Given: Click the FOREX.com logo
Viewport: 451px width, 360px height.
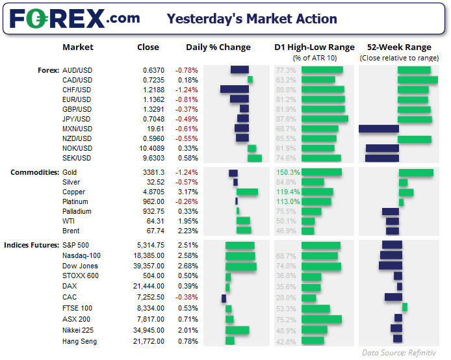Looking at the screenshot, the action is (x=75, y=19).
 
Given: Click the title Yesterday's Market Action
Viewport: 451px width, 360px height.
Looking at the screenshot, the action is (x=251, y=19).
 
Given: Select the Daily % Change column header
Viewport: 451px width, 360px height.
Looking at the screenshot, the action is (x=218, y=47).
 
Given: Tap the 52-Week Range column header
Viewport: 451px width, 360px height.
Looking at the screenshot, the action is (x=399, y=47).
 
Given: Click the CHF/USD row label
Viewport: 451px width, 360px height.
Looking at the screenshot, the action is (x=77, y=90).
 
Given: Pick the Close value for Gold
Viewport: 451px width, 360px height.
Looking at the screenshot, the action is (x=153, y=172).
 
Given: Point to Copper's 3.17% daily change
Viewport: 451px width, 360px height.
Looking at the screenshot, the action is (x=188, y=192).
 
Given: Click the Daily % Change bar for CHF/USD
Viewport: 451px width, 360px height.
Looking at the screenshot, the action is (x=235, y=89).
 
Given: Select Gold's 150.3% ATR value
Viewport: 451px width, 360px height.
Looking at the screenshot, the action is (x=288, y=172).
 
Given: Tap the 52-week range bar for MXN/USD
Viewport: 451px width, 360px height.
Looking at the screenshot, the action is (x=379, y=129).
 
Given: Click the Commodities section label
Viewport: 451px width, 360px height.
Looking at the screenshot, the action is (x=35, y=172).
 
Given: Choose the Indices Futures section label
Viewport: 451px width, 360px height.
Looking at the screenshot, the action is (x=32, y=245).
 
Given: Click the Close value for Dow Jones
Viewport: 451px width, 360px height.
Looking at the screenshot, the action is (x=149, y=266).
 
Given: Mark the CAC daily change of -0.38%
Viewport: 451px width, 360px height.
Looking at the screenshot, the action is (x=187, y=298).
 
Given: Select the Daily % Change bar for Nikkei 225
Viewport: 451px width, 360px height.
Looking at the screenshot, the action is (x=237, y=330).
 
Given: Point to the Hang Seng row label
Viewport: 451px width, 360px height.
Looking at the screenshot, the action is (x=80, y=342).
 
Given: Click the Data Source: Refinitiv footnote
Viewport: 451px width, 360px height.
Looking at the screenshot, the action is (x=399, y=353).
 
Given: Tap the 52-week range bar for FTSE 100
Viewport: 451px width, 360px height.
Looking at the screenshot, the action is (x=405, y=307).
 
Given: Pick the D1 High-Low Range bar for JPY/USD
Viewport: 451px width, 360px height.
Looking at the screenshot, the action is (x=325, y=118).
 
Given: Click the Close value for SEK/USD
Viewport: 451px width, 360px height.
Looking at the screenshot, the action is (x=153, y=158).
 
